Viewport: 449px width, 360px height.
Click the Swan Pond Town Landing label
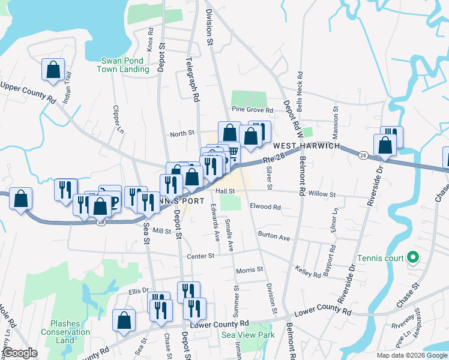125,65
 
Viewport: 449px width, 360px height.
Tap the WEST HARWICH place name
306,146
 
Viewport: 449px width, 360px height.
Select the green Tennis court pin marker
412,259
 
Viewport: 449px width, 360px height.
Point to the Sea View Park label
247,335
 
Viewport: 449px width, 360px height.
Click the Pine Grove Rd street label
252,110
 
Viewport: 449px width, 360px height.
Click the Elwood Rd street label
265,207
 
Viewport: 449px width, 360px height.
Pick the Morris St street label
249,270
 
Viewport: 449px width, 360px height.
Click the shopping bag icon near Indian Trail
53,69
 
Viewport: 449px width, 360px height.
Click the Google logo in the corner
20,353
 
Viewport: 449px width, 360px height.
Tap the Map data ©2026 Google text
412,355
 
